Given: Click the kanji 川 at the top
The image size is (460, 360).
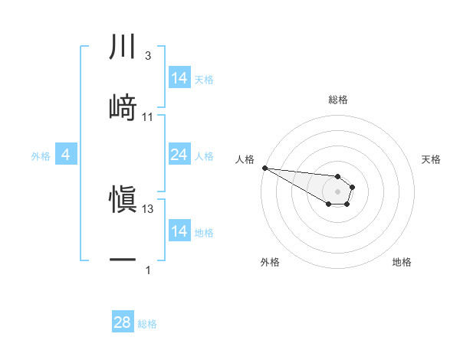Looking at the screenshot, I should coord(123,47).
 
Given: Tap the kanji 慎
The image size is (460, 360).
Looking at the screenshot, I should coord(123,199).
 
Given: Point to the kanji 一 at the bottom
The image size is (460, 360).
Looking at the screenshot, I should coord(123,259).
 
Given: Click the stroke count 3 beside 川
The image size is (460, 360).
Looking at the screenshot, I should coord(148,57).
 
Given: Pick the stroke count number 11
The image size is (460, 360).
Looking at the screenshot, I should coord(148,116).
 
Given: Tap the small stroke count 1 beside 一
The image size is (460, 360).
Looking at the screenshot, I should coord(148,270).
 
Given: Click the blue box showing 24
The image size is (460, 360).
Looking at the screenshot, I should coord(179,155).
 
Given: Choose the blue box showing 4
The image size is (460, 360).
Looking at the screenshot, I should coord(65,155).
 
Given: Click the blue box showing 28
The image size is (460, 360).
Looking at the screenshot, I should coord(123,322).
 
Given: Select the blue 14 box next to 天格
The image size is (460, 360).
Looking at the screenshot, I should coord(179,78).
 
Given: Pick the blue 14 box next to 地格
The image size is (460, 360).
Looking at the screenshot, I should coord(179,231).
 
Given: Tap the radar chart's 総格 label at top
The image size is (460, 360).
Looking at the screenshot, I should coord(338,100).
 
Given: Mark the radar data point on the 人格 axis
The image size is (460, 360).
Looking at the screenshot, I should coord(264,168).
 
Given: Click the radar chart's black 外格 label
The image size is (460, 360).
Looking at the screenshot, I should coord(271,262).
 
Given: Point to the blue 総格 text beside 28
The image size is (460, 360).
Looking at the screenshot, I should coord(147,324).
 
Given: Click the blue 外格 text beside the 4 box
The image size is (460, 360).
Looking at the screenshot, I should coord(41,156).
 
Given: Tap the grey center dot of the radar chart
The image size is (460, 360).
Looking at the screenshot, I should coord(337,191).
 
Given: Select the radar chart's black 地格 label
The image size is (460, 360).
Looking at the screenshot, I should coord(402,262).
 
